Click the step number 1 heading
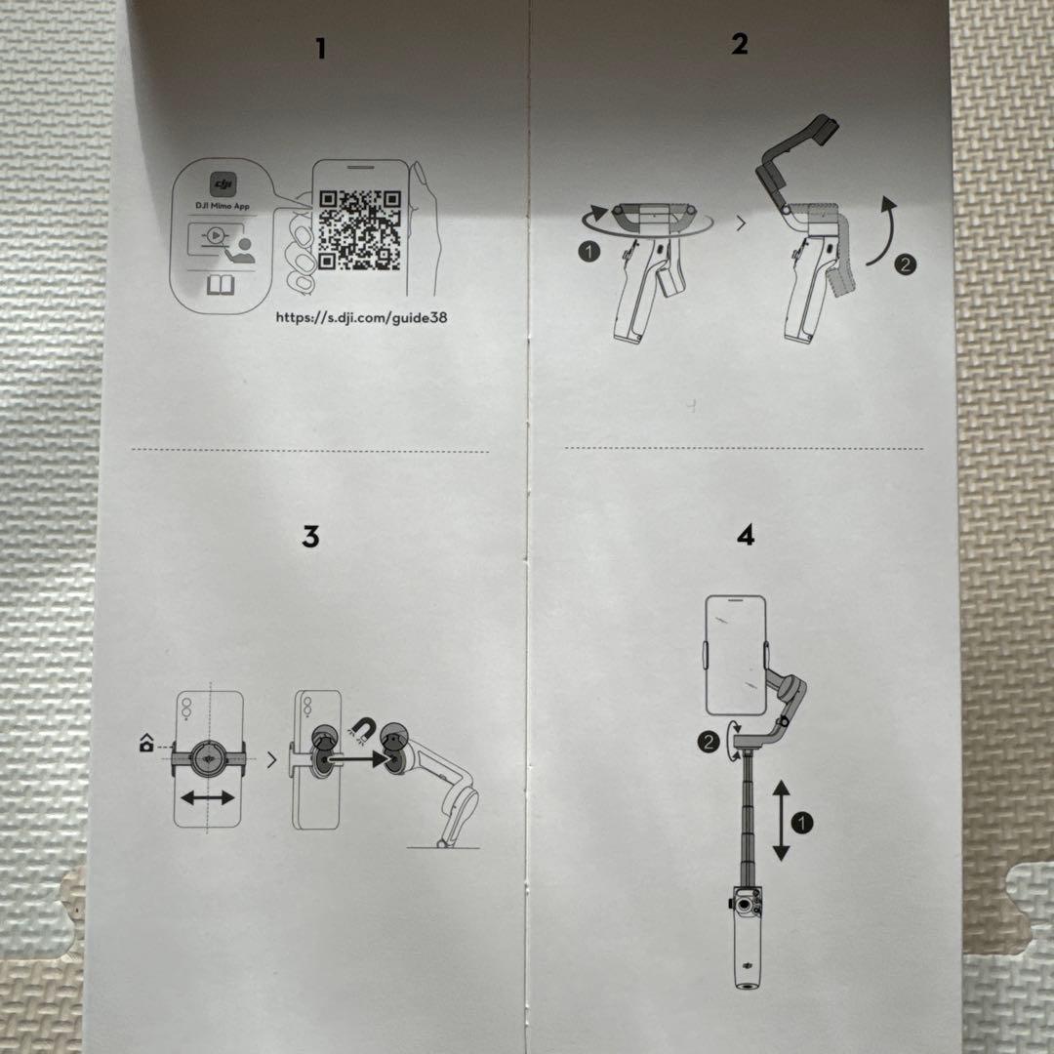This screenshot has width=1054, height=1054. [x=320, y=49]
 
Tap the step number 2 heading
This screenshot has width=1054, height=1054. [x=740, y=44]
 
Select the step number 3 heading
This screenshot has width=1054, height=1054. [x=310, y=537]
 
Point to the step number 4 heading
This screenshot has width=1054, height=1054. [x=746, y=536]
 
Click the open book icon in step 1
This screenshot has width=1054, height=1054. [x=221, y=285]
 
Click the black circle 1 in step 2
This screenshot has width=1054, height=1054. [x=588, y=252]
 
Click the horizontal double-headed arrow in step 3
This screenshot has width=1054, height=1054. [x=208, y=797]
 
